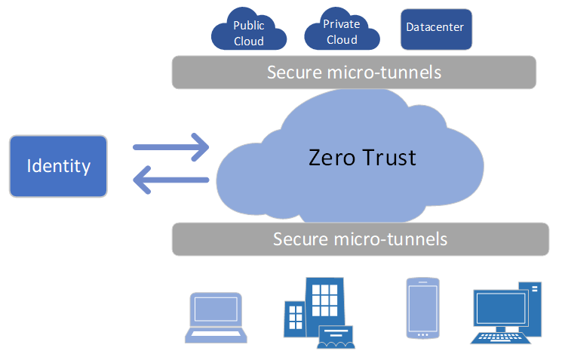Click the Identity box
click(58, 166)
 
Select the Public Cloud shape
click(248, 33)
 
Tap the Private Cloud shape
click(341, 32)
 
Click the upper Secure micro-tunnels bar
click(354, 72)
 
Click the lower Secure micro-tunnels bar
click(360, 239)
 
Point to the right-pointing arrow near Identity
click(170, 146)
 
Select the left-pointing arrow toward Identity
click(170, 180)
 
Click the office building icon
click(317, 312)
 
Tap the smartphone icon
click(422, 308)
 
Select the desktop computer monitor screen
click(499, 309)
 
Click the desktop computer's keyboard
click(499, 338)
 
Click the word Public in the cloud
click(248, 26)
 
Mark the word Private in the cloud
click(341, 24)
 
